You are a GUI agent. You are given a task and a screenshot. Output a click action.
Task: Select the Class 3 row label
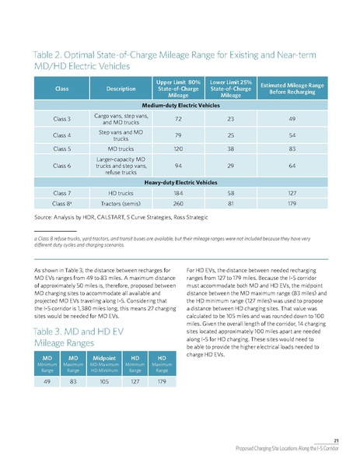click(x=63, y=118)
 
